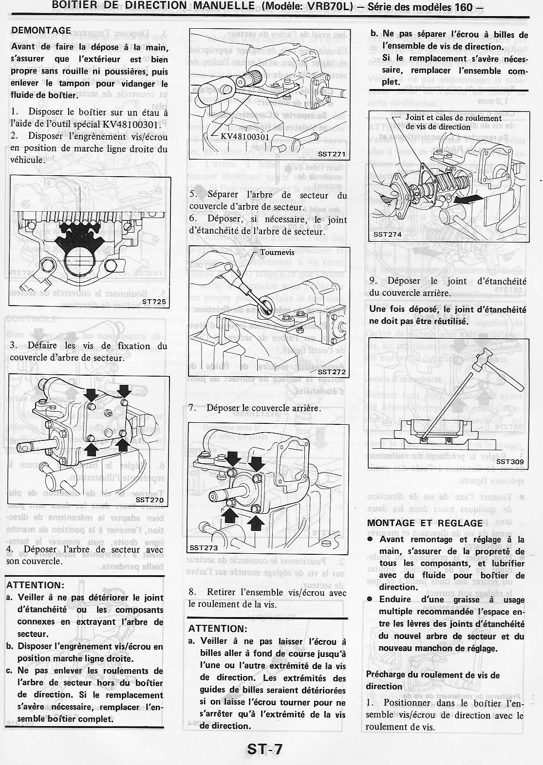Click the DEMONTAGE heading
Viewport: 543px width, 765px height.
41,30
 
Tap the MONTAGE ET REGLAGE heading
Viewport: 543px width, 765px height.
425,523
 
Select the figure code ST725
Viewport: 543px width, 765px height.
154,302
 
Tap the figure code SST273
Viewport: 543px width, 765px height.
204,547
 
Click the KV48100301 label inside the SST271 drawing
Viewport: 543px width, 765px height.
244,136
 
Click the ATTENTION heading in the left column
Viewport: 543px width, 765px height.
35,585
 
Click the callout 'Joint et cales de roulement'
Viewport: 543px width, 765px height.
453,118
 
